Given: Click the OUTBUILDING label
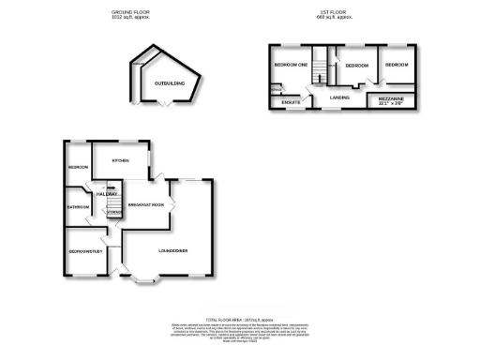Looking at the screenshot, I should pos(171,83).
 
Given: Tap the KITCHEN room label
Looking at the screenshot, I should pos(120,160).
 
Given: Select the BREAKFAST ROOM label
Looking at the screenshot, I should pos(145,204).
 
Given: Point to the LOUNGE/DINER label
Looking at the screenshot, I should pos(176,249).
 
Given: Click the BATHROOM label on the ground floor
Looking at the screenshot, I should pos(78,207).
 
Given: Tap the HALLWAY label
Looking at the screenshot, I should pos(106,194).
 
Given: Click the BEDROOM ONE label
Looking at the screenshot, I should pos(291,65).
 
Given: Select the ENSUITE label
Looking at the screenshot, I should pos(290,101).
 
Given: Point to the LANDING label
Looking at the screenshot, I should pos(337,96).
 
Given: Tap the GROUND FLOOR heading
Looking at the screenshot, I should pos(130,11).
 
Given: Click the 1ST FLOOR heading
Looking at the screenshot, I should pos(334,11).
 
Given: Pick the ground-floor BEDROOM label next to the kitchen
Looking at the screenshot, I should pos(78,168).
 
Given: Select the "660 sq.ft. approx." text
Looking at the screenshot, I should pos(334,18).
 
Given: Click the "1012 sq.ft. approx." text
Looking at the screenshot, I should pos(130,18).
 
